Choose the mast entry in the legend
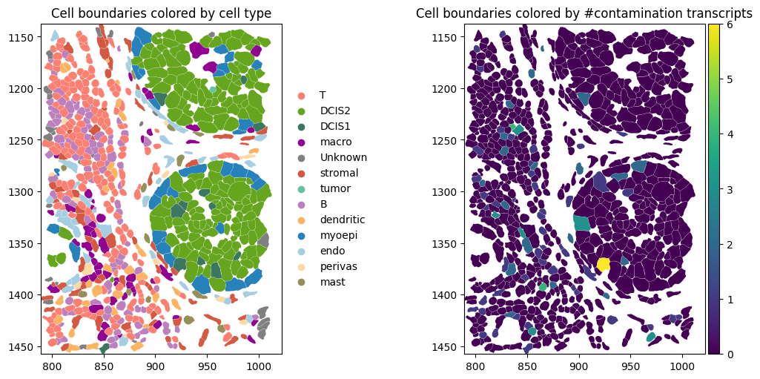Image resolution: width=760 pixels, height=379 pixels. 331,283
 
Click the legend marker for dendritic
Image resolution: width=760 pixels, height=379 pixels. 301,220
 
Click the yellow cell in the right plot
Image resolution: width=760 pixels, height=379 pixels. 604,264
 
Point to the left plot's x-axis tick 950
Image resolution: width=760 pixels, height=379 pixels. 207,366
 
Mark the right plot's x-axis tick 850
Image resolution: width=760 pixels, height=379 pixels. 526,366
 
